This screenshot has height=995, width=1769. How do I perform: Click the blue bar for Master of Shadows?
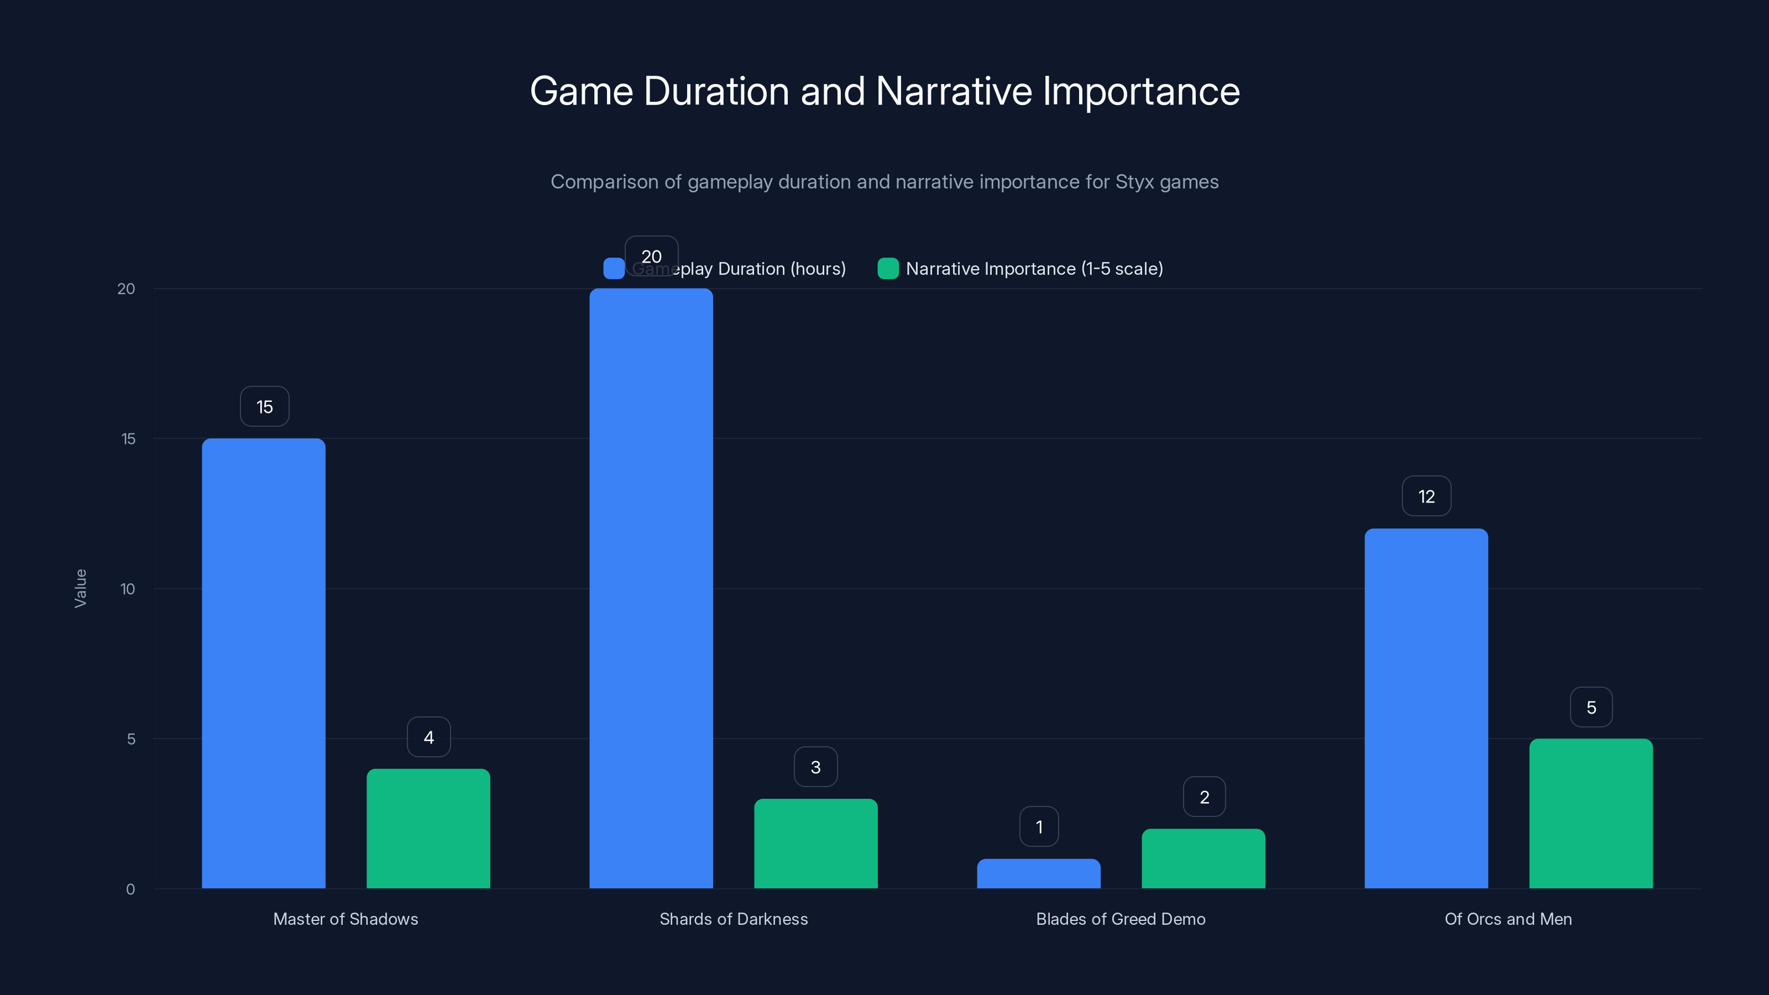(264, 663)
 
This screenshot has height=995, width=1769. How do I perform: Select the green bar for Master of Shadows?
(428, 828)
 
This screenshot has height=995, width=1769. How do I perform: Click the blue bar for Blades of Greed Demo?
(1038, 873)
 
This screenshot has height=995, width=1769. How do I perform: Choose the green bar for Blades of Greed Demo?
(1203, 858)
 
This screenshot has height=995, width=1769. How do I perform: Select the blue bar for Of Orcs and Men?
(1426, 708)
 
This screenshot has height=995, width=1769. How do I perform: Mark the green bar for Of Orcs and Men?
(1590, 813)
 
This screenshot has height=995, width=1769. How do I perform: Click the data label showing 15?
(264, 406)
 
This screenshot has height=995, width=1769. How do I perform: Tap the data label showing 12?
(1426, 496)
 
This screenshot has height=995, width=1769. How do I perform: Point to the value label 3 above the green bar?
(815, 767)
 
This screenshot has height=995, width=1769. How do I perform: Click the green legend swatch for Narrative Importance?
(888, 269)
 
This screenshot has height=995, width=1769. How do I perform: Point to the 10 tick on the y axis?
(127, 589)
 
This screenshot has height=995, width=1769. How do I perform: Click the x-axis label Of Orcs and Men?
(1508, 919)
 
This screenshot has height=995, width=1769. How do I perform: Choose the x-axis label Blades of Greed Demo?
(1120, 919)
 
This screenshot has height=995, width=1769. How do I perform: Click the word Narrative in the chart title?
(953, 91)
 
